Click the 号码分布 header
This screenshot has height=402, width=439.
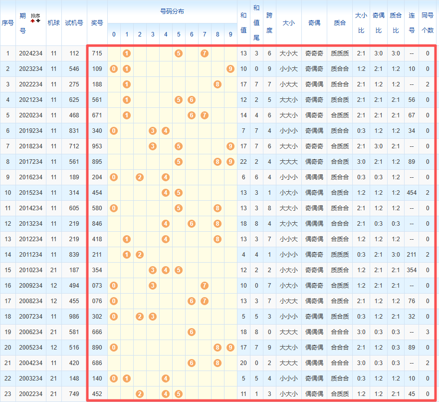tap(172, 11)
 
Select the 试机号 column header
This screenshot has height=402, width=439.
tap(74, 22)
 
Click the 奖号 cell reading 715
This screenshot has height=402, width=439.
tap(97, 53)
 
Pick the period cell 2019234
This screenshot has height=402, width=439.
tap(31, 131)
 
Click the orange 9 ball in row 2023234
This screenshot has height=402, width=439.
tap(230, 69)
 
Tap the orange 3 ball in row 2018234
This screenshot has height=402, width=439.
tap(153, 146)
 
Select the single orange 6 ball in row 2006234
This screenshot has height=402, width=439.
tap(192, 332)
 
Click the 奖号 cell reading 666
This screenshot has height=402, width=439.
tap(97, 332)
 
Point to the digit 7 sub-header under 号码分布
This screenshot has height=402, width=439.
tap(205, 34)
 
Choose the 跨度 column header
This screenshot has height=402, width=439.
tap(269, 22)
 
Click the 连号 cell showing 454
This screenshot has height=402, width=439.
tap(412, 193)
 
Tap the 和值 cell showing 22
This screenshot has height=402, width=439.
tap(243, 162)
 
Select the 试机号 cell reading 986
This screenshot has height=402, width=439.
tap(74, 317)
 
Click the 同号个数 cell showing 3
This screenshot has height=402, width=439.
tap(428, 332)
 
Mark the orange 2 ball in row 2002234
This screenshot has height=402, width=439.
tap(140, 394)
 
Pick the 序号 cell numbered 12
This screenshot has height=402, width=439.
tap(8, 224)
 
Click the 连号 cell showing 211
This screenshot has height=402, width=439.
tap(412, 255)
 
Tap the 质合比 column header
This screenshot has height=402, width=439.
tap(396, 22)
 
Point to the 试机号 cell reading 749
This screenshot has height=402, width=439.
tap(74, 394)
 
